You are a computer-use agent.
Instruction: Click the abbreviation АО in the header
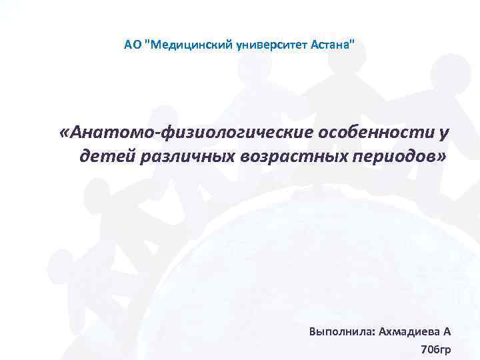click(132, 45)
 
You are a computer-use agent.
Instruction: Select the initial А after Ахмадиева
click(447, 331)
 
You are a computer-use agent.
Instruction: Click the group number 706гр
click(436, 349)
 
